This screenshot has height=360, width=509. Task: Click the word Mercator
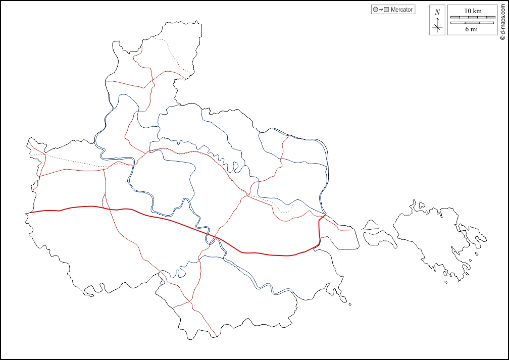402,10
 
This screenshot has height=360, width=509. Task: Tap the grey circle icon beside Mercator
375,10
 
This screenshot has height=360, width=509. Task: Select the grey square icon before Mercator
386,10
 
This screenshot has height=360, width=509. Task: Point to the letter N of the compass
437,12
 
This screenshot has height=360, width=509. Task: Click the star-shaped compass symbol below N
437,27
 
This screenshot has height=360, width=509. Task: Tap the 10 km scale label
473,11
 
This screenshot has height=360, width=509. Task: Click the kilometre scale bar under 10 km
473,17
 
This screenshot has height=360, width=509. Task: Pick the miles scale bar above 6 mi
473,23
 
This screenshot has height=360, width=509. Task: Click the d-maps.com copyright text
502,21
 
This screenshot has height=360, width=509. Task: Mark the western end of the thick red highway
29,213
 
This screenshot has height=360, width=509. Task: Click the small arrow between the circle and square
381,10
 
